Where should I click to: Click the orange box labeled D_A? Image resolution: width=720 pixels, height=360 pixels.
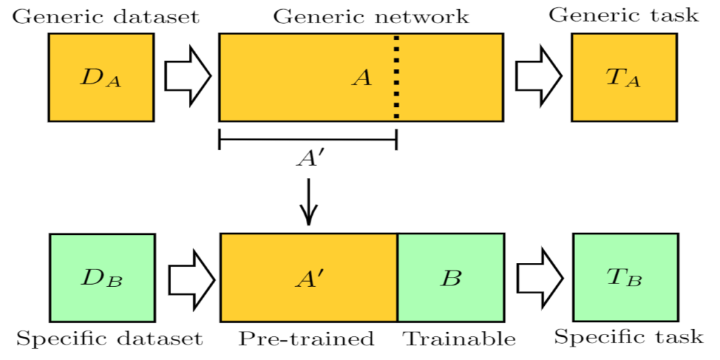[x=101, y=77]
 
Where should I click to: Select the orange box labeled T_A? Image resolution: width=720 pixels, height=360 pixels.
[x=624, y=77]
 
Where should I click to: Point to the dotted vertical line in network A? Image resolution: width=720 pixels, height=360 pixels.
[x=397, y=77]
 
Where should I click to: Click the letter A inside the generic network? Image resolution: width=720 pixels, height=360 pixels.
[x=361, y=78]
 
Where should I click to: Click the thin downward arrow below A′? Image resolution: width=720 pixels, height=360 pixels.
[x=309, y=202]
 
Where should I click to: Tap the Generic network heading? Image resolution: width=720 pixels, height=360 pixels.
[x=371, y=16]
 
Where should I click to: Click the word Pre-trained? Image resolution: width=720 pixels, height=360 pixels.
[x=306, y=339]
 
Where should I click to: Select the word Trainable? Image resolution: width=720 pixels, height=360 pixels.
[x=458, y=339]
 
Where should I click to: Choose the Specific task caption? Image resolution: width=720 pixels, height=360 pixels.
[x=628, y=337]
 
